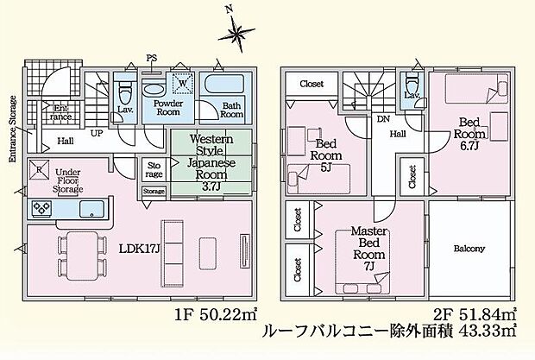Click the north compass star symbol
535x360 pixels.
236,34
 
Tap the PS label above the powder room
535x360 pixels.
152,59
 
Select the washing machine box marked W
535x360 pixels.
183,83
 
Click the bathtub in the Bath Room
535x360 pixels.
223,84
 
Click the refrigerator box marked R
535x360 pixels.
39,169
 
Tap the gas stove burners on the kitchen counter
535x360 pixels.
42,208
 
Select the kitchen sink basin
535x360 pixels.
91,209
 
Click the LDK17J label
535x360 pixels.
139,249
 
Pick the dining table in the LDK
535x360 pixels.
82,256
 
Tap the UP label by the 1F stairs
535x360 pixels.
97,134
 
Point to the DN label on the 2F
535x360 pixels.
383,119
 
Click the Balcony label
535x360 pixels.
469,249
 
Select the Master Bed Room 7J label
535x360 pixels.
369,249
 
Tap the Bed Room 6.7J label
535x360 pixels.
469,134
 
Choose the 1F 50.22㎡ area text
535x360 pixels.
216,315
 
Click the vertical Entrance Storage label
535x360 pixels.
13,129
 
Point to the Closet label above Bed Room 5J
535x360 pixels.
312,84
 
